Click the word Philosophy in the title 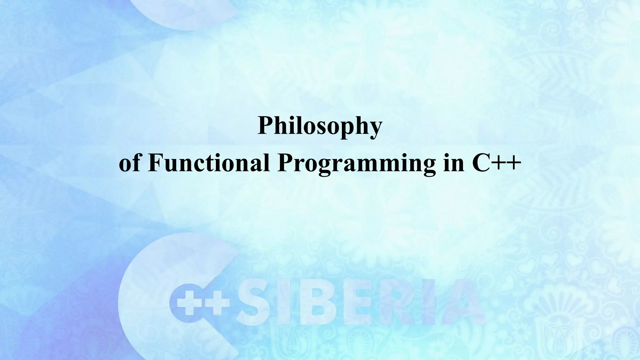pyautogui.click(x=320, y=126)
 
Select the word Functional pyautogui.click(x=209, y=163)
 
